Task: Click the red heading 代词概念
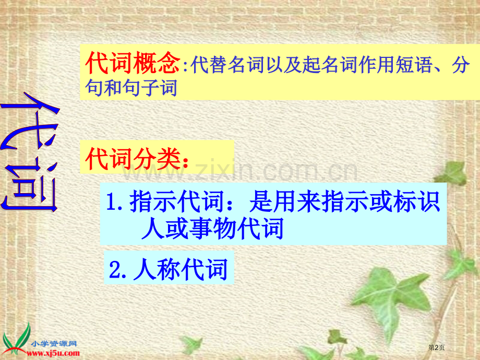pos(132,63)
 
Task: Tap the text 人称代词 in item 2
pos(181,269)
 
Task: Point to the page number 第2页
pos(436,347)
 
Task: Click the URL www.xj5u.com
pos(53,353)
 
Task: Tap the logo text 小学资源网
pos(54,343)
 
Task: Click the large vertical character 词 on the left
pos(31,186)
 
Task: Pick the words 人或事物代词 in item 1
pos(212,229)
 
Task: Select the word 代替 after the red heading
pos(209,65)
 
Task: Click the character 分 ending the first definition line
pos(461,65)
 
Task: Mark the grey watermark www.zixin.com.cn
pos(240,171)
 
